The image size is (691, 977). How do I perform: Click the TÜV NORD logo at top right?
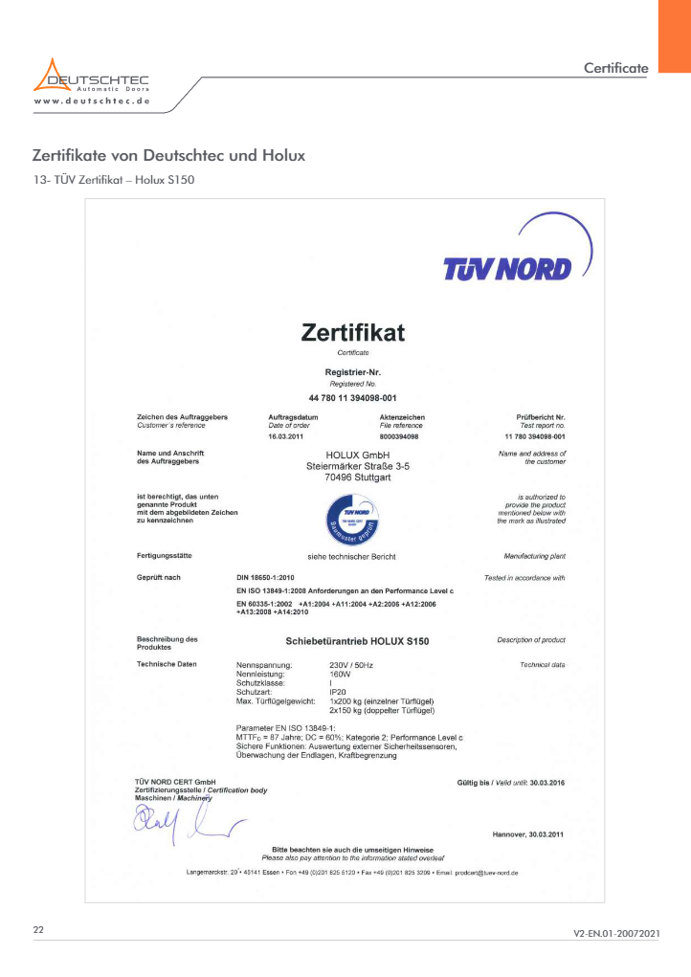click(x=507, y=269)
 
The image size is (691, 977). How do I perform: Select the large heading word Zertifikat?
click(x=352, y=333)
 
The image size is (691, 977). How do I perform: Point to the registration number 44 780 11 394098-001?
click(x=352, y=396)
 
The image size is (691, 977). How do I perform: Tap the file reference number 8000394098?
click(x=399, y=435)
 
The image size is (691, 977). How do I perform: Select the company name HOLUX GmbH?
click(x=352, y=454)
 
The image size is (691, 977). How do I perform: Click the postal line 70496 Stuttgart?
click(x=352, y=476)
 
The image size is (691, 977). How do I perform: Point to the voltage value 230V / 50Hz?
click(x=351, y=664)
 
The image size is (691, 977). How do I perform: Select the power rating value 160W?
click(x=340, y=674)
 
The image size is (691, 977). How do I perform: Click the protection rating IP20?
click(x=338, y=691)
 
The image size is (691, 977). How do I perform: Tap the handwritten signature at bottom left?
click(x=182, y=819)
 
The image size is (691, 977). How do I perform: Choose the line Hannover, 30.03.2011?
click(x=527, y=834)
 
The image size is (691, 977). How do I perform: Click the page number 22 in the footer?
click(x=38, y=930)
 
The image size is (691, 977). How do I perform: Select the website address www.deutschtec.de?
click(x=91, y=100)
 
